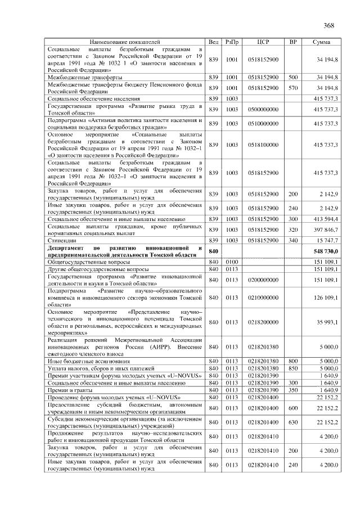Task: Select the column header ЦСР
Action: coord(263,42)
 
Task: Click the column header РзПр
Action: coord(232,42)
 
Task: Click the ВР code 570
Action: coord(292,88)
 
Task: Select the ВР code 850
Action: coord(292,368)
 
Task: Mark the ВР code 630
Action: coord(292,422)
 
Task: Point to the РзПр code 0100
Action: coord(232,262)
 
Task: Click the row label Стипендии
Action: coord(64,240)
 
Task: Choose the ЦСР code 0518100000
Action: coord(263,145)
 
